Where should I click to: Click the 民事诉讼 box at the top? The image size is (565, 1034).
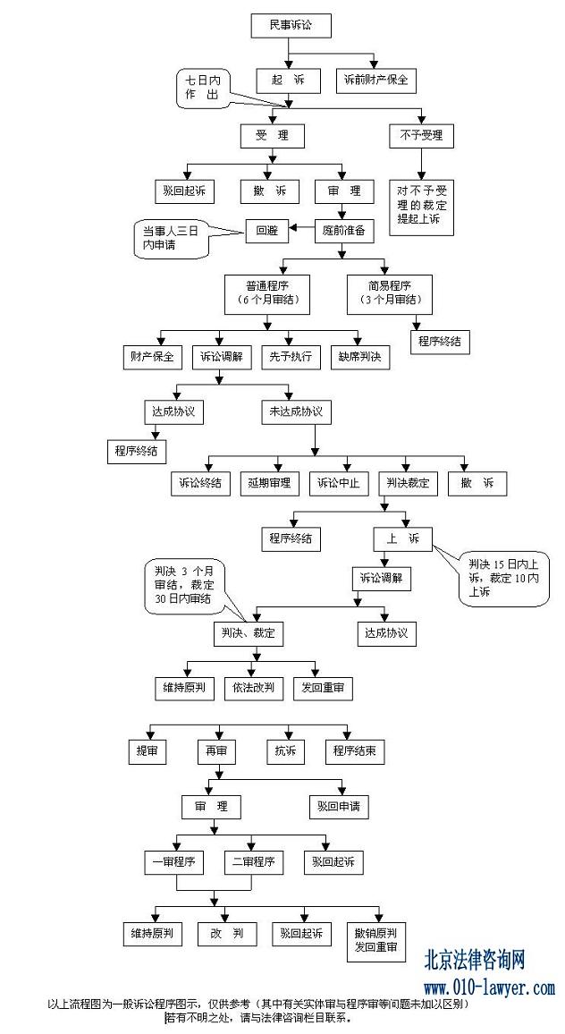[291, 27]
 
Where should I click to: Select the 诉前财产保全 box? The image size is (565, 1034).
[375, 80]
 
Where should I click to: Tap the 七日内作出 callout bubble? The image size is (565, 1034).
[199, 89]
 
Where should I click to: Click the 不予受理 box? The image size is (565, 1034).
[421, 136]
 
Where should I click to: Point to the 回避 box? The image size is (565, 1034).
[266, 230]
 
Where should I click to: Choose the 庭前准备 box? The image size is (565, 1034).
[343, 230]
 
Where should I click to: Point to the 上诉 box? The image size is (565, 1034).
[402, 538]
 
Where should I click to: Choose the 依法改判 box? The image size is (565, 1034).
[254, 688]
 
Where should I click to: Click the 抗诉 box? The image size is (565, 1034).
[285, 751]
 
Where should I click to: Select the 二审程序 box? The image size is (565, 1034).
[254, 862]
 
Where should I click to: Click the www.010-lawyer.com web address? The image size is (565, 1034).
[489, 988]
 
